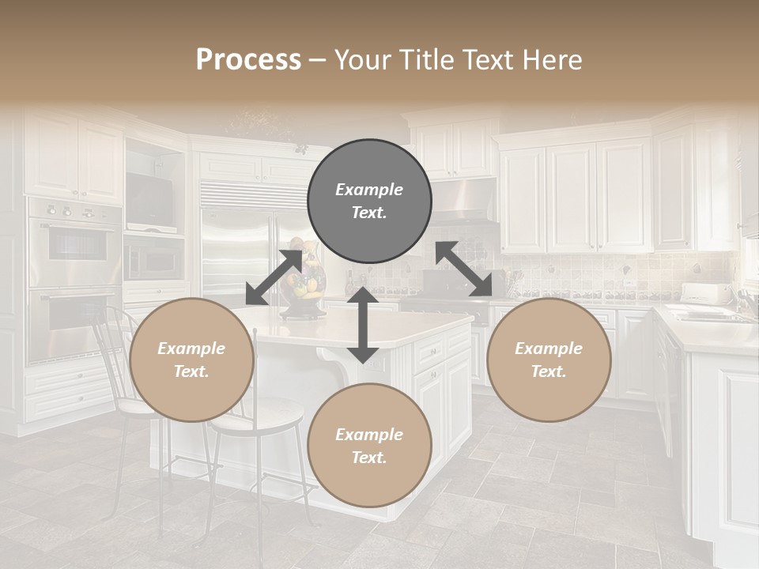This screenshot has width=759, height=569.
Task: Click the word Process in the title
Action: tap(248, 60)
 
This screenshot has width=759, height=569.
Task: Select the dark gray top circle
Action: tap(369, 202)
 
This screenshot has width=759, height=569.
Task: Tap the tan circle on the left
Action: tap(191, 360)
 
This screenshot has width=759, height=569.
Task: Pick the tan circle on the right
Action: tap(549, 360)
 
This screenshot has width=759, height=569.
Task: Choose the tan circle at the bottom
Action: tap(369, 446)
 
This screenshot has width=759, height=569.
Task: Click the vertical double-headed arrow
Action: tap(363, 326)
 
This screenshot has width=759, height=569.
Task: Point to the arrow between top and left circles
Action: tap(274, 277)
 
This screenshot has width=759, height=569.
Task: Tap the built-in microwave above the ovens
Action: tap(153, 257)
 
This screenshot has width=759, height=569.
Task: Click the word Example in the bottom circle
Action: tap(369, 435)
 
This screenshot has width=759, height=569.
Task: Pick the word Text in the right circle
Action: tap(549, 371)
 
